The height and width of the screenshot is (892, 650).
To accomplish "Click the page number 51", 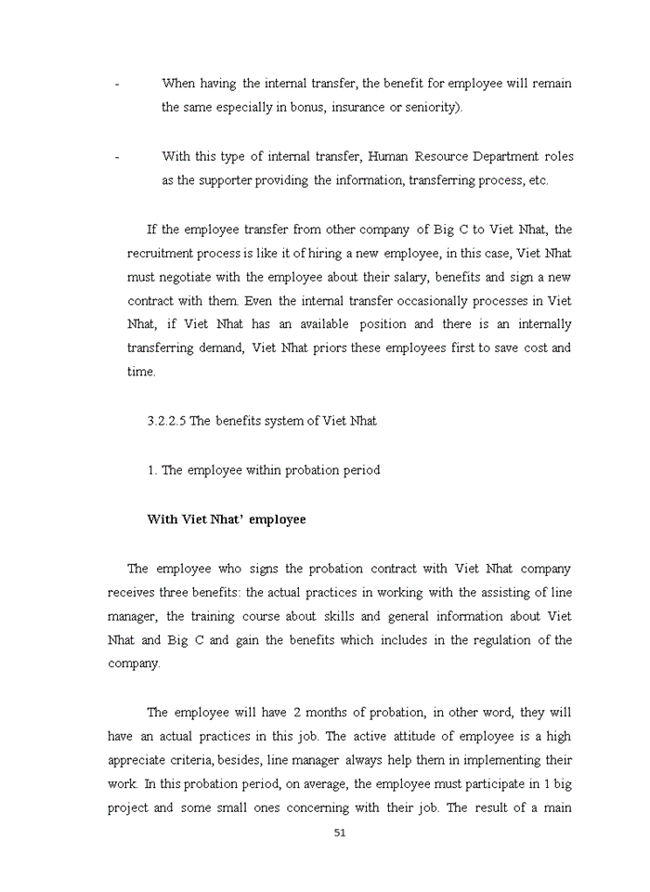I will tap(340, 833).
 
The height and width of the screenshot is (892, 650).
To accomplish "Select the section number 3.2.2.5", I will tap(166, 421).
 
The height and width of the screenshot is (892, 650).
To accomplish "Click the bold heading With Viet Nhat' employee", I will tap(226, 519).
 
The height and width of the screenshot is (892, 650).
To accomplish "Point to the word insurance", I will tap(359, 107).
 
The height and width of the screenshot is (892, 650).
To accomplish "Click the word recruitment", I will tap(162, 253).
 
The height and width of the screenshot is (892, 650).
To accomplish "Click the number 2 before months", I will tap(297, 713).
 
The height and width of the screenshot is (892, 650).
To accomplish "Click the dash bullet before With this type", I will tap(117, 157).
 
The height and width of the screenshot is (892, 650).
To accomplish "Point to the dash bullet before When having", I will tap(117, 84).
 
